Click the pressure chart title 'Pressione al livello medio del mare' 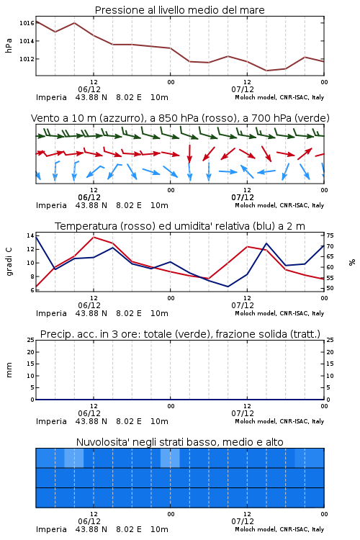(179, 10)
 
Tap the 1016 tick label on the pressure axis (27, 23)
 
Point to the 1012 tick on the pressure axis (27, 59)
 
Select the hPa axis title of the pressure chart (9, 45)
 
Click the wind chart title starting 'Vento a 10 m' (180, 118)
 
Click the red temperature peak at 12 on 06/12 (94, 237)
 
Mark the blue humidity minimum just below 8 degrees (228, 287)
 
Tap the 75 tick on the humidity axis (330, 235)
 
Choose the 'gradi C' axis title (9, 262)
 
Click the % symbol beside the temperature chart (352, 262)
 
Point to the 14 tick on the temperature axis (30, 235)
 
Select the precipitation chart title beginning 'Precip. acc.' (180, 334)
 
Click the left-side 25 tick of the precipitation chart (30, 340)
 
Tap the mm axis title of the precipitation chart (9, 370)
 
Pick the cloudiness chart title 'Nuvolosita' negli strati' (179, 442)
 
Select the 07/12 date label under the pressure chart (243, 89)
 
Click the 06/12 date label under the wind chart (89, 198)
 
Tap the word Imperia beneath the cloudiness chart (51, 529)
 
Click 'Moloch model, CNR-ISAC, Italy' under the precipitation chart (279, 421)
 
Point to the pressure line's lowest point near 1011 (266, 71)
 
